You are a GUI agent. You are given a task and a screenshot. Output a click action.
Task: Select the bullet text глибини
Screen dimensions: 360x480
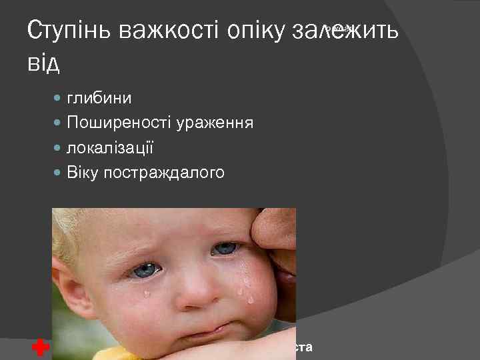pos(99,98)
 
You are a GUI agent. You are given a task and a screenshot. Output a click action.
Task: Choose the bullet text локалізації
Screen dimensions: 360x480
pos(111,148)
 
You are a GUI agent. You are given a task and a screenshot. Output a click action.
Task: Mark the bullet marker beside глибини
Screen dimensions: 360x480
pos(57,99)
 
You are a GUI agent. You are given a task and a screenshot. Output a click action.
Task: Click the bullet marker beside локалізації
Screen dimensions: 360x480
pos(57,149)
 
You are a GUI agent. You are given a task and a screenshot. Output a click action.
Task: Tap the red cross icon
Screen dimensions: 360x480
pos(40,347)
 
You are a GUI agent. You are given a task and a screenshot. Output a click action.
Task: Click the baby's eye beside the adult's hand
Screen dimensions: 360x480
pos(224,249)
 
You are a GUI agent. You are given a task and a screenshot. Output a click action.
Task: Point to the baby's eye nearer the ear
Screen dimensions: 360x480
pos(145,270)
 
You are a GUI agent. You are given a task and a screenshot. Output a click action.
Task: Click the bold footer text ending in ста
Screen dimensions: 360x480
pos(304,347)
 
